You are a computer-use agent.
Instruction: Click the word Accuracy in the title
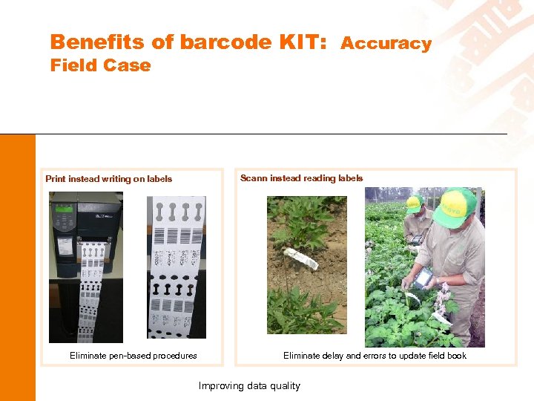click(x=386, y=44)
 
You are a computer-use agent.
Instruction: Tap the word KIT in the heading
click(x=301, y=42)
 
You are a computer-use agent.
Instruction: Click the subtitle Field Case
click(x=100, y=65)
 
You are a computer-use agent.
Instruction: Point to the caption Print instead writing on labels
click(x=108, y=179)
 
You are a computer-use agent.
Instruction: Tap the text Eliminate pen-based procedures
click(x=133, y=356)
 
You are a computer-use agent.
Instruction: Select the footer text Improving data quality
click(x=249, y=385)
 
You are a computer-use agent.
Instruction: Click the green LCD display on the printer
click(x=65, y=209)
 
